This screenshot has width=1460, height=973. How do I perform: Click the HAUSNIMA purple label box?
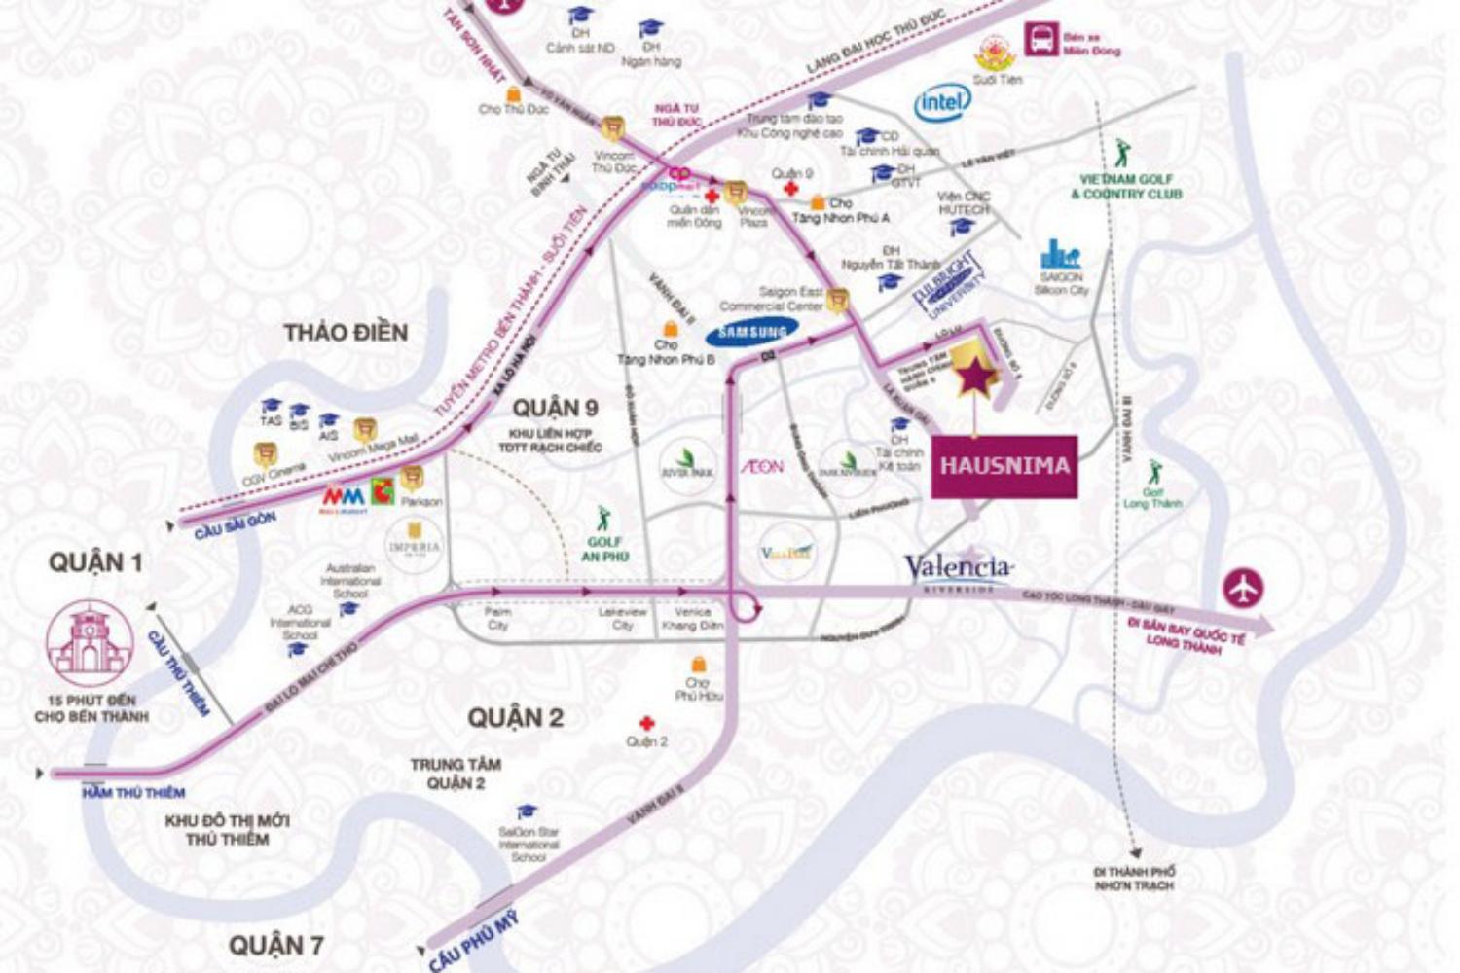(1004, 466)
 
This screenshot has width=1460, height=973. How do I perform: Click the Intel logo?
(941, 101)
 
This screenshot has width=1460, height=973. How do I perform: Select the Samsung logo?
(752, 333)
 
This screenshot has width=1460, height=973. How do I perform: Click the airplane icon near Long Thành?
(1244, 588)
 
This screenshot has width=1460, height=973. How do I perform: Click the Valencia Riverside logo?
(958, 570)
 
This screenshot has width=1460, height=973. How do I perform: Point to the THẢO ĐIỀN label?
(346, 333)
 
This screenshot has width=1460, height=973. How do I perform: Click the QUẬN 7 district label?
(275, 945)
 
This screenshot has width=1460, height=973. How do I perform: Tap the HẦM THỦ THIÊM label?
(133, 793)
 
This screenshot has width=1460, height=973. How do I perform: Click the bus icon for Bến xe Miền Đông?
(1039, 41)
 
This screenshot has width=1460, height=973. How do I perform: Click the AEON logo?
(762, 467)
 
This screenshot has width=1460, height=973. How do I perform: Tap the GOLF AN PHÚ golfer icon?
(603, 518)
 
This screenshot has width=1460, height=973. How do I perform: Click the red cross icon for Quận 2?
(645, 723)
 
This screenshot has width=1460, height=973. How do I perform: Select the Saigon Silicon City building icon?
(1059, 254)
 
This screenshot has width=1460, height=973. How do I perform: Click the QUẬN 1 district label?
(95, 562)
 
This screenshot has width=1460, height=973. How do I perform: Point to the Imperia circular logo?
(415, 545)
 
